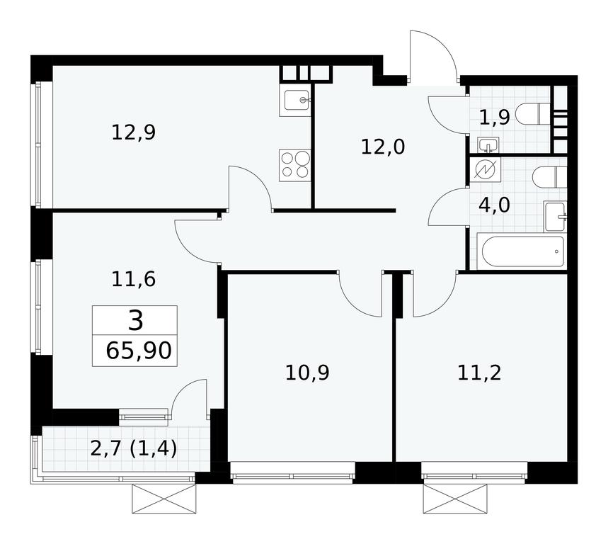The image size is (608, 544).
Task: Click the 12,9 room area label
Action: click(x=133, y=132)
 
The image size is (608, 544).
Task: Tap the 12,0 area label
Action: click(x=383, y=147)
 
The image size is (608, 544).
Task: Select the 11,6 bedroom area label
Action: click(x=133, y=279)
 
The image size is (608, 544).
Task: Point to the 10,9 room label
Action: click(x=307, y=373)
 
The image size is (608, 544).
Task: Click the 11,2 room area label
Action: click(x=479, y=373)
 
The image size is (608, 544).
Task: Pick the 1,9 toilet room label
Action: click(x=494, y=117)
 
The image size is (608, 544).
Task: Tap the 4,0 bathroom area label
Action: click(x=494, y=205)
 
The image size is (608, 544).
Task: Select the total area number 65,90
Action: click(x=139, y=351)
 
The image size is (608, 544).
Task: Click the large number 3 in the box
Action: click(x=135, y=322)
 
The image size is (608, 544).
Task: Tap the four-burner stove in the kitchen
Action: click(x=295, y=165)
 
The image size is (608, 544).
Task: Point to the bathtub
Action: click(x=522, y=251)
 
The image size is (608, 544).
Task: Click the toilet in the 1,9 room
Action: click(x=537, y=114)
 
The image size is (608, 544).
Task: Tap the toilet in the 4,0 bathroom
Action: click(x=549, y=177)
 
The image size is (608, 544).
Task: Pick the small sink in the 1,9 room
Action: click(x=488, y=145)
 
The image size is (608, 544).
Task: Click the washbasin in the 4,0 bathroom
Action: click(x=555, y=216)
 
